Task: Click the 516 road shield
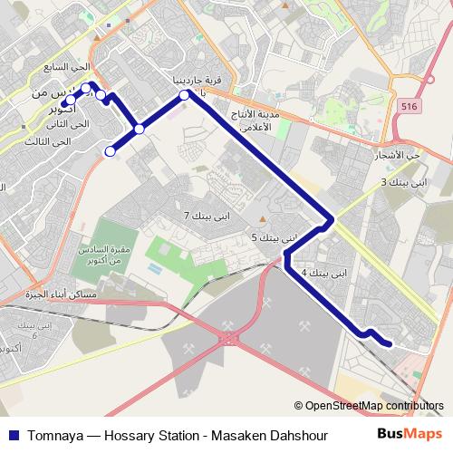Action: coord(407,107)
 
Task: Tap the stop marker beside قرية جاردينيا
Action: coord(184,94)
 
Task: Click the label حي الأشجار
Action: coord(402,156)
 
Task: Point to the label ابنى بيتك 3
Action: coord(402,182)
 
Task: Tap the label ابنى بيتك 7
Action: coord(207,217)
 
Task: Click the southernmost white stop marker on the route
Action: coord(110,151)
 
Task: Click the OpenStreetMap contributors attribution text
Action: coord(374,406)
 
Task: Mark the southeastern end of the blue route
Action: coord(390,343)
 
